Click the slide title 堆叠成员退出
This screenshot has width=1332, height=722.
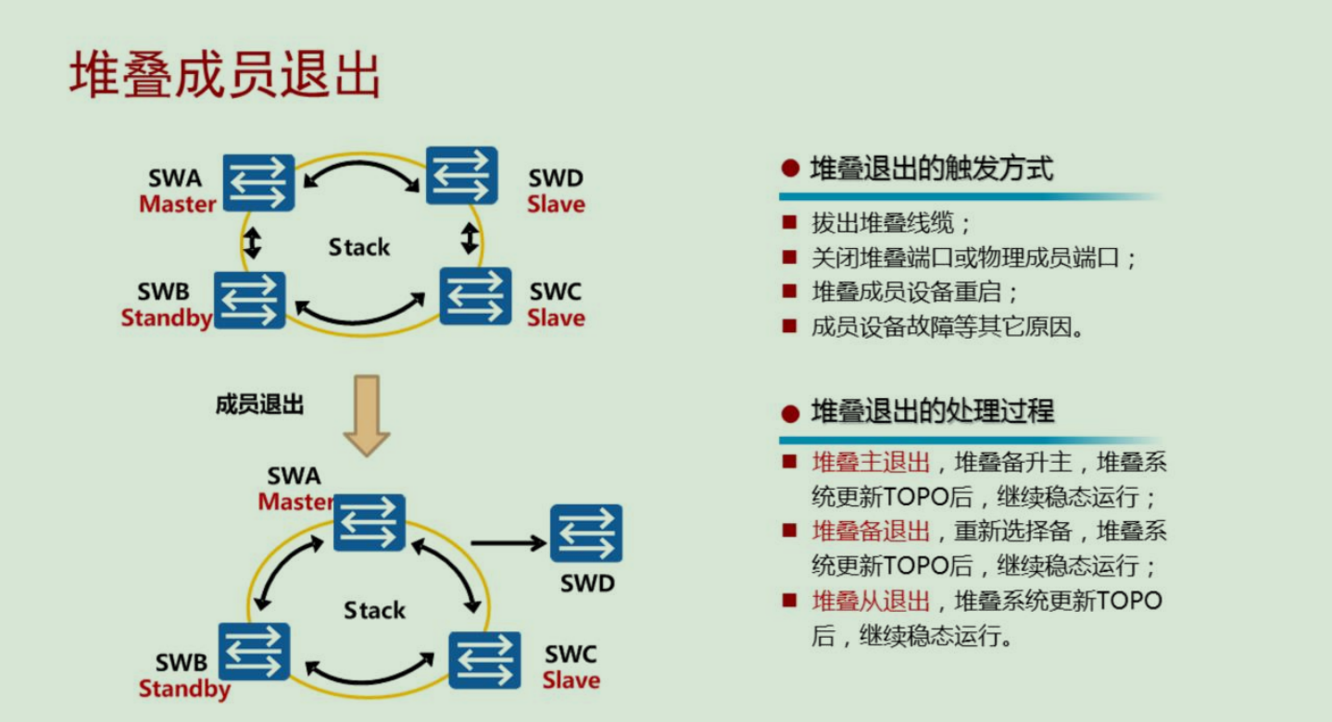click(x=225, y=76)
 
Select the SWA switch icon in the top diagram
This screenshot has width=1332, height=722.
click(x=258, y=182)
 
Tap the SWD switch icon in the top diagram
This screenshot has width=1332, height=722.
click(x=461, y=175)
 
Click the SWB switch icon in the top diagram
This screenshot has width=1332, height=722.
click(x=249, y=300)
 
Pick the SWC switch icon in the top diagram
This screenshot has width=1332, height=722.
click(x=475, y=296)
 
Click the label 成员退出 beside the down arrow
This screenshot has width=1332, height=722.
click(x=259, y=405)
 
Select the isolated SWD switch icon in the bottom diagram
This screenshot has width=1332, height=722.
click(x=585, y=533)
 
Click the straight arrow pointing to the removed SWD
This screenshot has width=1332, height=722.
click(x=508, y=543)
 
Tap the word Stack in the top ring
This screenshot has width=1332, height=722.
click(x=359, y=247)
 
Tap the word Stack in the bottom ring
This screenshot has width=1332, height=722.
click(x=374, y=610)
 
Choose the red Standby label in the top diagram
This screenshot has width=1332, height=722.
click(x=167, y=318)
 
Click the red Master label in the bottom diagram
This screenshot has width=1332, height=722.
click(x=295, y=502)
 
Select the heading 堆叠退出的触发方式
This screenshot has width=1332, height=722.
click(x=931, y=169)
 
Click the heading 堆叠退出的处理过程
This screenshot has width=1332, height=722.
click(x=932, y=412)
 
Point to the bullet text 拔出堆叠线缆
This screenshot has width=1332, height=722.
click(x=891, y=224)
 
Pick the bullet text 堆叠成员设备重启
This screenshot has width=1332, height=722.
click(x=914, y=293)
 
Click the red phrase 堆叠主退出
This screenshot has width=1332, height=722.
click(x=871, y=462)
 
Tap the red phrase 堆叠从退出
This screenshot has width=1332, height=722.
click(x=871, y=601)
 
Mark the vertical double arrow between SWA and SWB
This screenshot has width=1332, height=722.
click(x=252, y=242)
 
